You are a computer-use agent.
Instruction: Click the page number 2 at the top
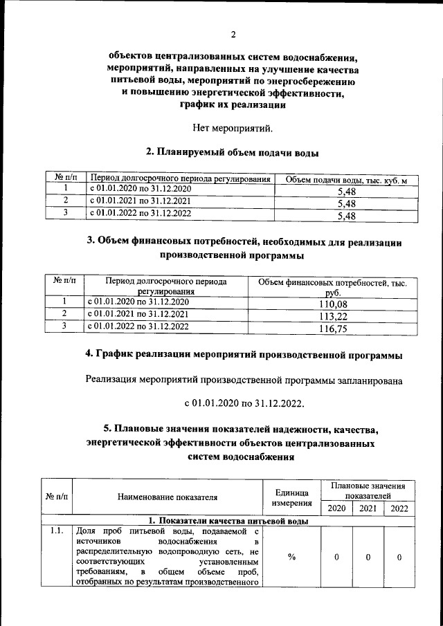pos(233,35)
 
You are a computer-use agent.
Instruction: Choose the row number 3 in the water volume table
pos(64,214)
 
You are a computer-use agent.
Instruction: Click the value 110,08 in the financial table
pos(332,304)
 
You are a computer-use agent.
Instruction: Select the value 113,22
pos(332,317)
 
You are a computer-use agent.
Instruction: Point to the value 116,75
pos(332,329)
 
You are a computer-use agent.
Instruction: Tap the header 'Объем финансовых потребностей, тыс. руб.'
pos(332,288)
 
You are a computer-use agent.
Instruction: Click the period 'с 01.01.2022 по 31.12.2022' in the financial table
pos(138,327)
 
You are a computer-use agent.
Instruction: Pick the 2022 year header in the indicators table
pos(399,508)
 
